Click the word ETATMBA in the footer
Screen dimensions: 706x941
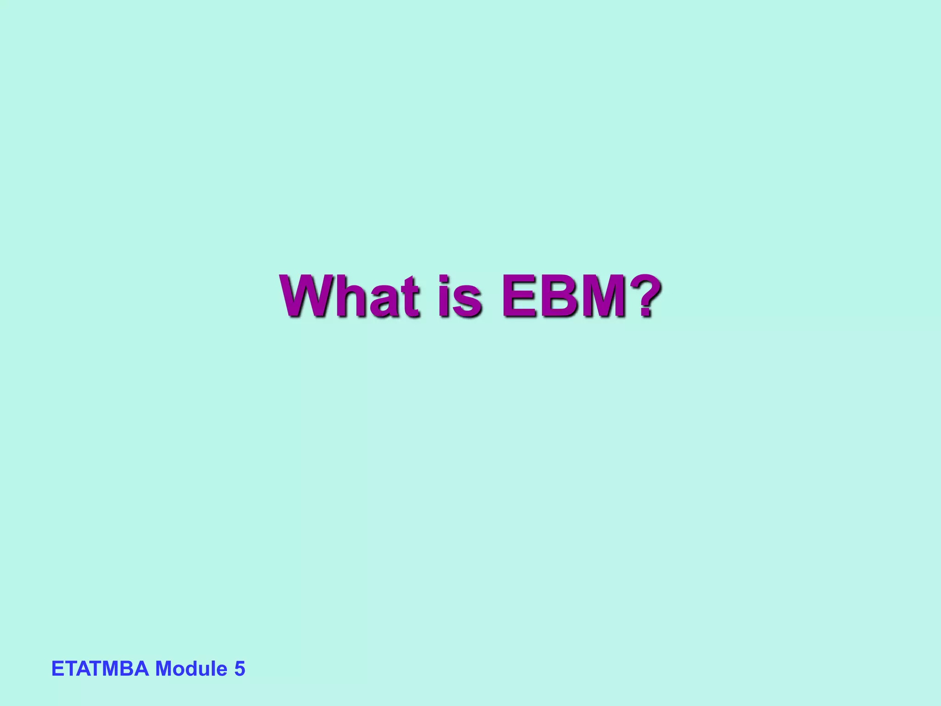click(x=100, y=669)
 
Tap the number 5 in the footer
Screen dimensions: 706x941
click(x=239, y=669)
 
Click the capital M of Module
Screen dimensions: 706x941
click(x=164, y=669)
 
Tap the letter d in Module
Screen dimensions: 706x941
click(x=191, y=669)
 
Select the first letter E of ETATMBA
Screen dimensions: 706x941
click(x=57, y=669)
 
